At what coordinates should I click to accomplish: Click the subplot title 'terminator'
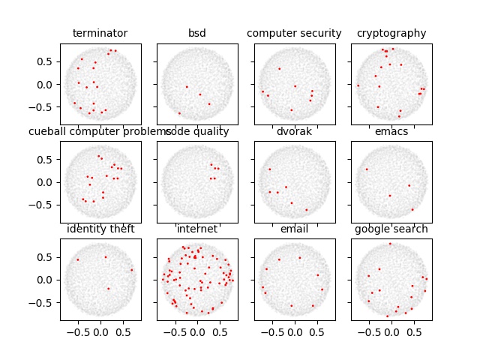[x=100, y=33]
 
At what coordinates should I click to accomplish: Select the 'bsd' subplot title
[x=197, y=33]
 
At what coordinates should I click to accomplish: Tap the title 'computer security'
[x=294, y=33]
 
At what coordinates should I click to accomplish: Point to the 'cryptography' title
[x=391, y=33]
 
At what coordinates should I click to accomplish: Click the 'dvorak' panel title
[x=294, y=131]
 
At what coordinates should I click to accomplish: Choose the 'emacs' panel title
[x=391, y=131]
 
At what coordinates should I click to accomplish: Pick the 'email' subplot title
[x=294, y=229]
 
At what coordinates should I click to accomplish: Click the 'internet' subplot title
[x=197, y=229]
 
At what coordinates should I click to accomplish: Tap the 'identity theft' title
[x=100, y=229]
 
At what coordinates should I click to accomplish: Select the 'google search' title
[x=391, y=229]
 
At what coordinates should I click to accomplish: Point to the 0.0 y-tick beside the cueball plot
[x=48, y=181]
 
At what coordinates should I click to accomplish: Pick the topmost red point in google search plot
[x=390, y=244]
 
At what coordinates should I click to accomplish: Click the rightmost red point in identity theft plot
[x=132, y=270]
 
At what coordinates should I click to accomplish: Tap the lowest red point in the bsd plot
[x=179, y=113]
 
